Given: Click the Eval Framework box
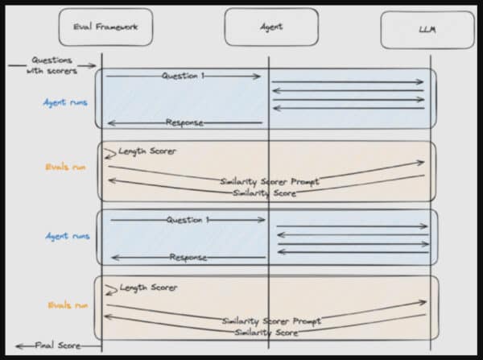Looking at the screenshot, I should point(105,27).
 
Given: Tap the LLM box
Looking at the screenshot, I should point(427,31).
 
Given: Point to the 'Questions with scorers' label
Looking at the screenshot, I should point(53,65).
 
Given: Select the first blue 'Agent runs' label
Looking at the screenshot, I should point(67,103).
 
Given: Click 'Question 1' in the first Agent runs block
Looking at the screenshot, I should point(184,77).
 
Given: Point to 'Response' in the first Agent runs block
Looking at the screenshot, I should point(184,122).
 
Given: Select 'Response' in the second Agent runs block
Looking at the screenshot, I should point(188,258).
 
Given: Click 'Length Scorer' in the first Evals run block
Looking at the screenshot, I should point(147,151).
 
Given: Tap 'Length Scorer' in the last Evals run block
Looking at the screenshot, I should point(149,288).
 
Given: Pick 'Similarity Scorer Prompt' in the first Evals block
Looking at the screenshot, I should point(270,182).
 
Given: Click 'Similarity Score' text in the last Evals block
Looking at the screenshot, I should point(265,332).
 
